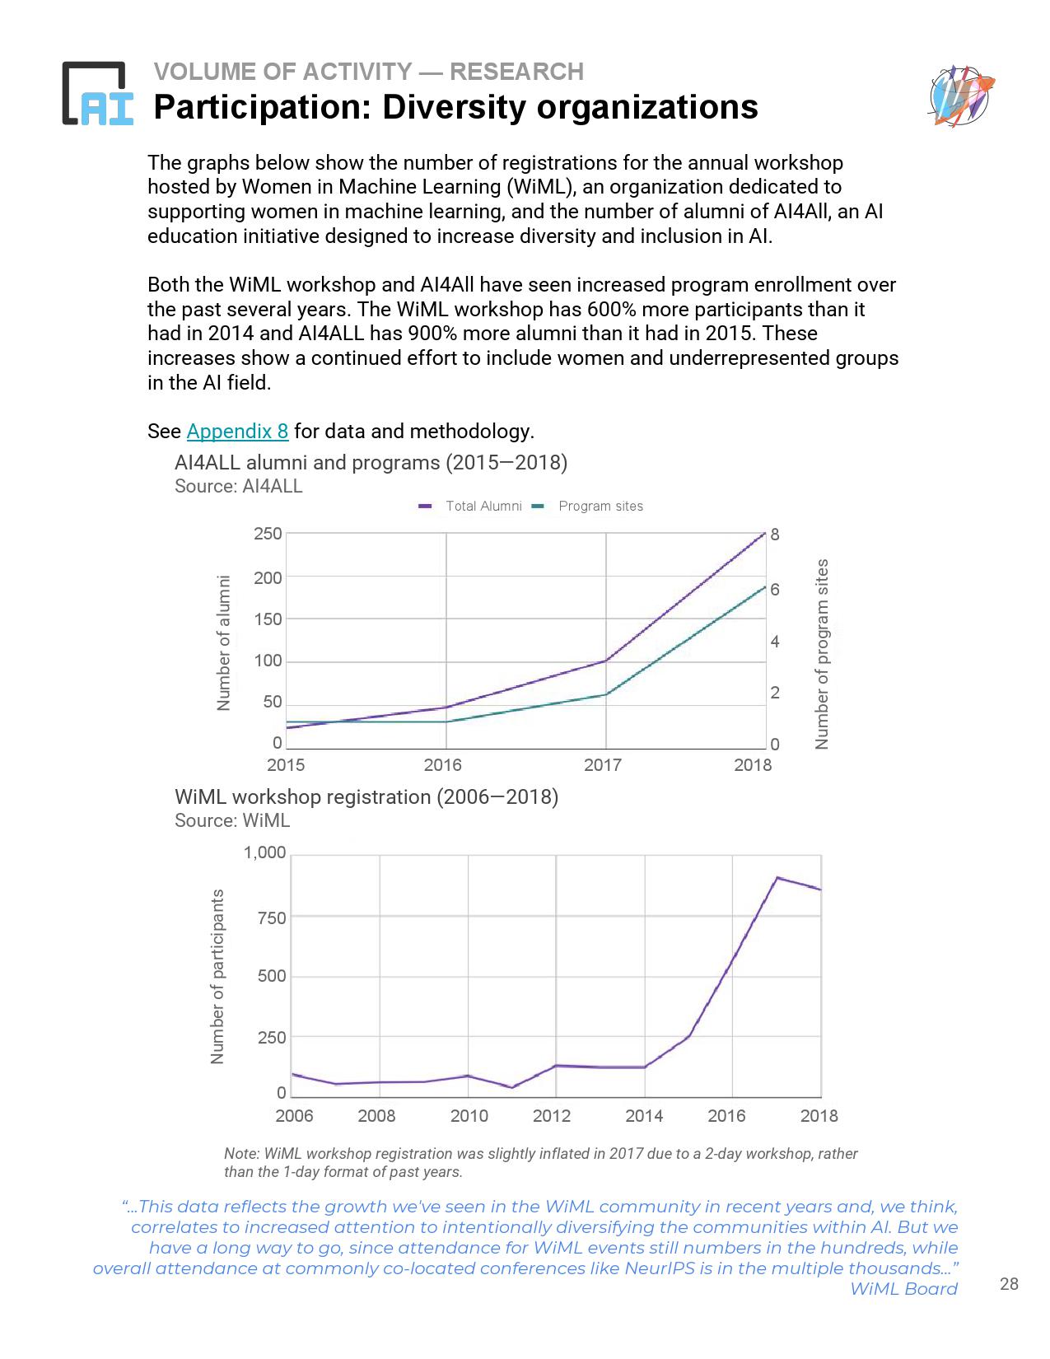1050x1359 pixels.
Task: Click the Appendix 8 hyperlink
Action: pos(237,431)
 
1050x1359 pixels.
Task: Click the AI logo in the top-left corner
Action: pos(98,94)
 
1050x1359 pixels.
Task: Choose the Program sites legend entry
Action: pos(589,506)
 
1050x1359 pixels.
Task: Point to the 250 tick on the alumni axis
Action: pos(268,535)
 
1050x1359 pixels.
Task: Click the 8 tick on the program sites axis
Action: pos(774,535)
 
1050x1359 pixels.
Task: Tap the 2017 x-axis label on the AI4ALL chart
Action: pos(602,765)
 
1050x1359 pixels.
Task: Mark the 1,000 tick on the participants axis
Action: pos(264,853)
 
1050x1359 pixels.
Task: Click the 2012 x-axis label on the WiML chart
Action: pos(552,1116)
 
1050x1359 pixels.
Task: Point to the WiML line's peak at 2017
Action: pos(777,878)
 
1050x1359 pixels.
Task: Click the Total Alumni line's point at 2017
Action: pos(606,661)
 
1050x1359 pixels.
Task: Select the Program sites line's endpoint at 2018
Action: pos(765,587)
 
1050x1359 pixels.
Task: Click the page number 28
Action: pos(1009,1284)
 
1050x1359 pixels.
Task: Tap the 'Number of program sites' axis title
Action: pos(821,654)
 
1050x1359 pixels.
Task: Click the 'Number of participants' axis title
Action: pos(217,976)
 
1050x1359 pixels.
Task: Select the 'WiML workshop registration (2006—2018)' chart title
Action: pos(366,797)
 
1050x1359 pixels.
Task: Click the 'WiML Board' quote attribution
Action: pos(903,1289)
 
